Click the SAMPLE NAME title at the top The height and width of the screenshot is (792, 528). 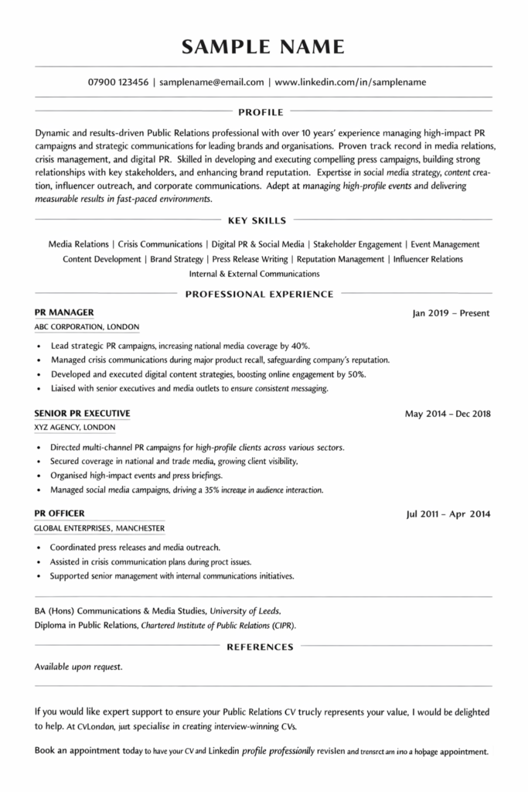[264, 48]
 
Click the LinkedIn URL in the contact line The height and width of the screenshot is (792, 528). [349, 81]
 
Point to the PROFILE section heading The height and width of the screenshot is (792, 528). [263, 111]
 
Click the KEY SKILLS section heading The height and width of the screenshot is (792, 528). [263, 220]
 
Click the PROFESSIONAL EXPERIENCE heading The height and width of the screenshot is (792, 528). [260, 294]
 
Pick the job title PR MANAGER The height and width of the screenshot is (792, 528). [65, 312]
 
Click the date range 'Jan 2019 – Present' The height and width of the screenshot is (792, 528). [451, 314]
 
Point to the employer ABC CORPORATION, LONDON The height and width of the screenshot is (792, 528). [87, 327]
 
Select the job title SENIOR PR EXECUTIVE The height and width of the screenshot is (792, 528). [83, 413]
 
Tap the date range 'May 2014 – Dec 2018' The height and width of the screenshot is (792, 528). [447, 414]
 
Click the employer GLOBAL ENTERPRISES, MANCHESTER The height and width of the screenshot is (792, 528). [100, 528]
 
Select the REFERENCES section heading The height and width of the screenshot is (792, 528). [260, 647]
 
